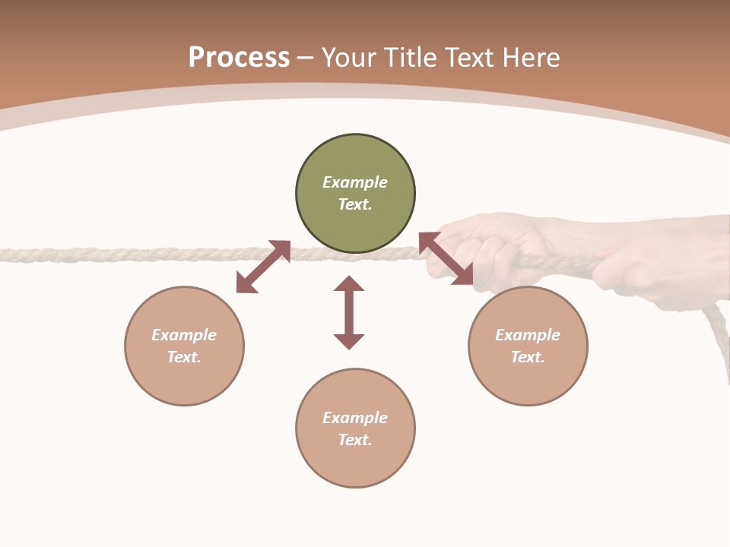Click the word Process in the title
pos(239,58)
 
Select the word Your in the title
pos(348,58)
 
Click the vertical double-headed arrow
pos(349,312)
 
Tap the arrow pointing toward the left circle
pos(263,267)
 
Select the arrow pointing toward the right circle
pos(446,258)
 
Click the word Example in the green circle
pos(355,182)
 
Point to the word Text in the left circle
pos(183,357)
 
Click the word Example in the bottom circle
pos(355,418)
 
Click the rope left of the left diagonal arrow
pos(114,255)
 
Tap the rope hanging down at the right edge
pos(719,334)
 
